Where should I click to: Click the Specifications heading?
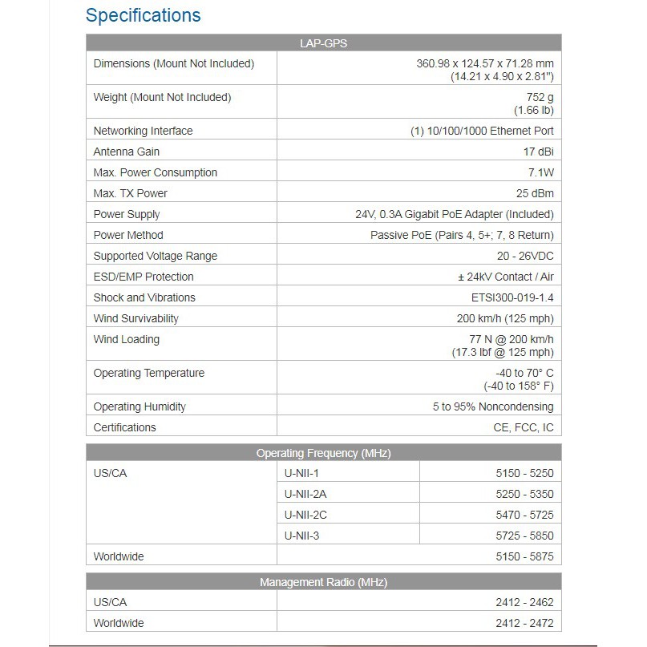tap(143, 15)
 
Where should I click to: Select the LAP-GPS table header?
tap(324, 44)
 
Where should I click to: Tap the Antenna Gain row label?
tap(127, 152)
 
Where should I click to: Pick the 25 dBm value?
tap(535, 193)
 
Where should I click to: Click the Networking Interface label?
tap(143, 131)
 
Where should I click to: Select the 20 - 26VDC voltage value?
tap(525, 256)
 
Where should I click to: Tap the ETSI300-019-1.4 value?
tap(512, 297)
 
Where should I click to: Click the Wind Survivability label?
tap(135, 318)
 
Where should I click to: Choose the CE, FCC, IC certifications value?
tap(524, 427)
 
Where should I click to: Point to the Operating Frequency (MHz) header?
tap(324, 453)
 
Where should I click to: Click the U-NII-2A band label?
tap(306, 494)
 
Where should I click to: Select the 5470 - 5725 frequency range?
tap(524, 515)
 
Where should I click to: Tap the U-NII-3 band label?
tap(301, 536)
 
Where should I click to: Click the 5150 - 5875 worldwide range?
tap(524, 556)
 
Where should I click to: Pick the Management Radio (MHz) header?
tap(324, 582)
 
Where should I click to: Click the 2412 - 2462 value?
tap(524, 602)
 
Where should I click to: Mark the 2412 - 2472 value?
tap(524, 623)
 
